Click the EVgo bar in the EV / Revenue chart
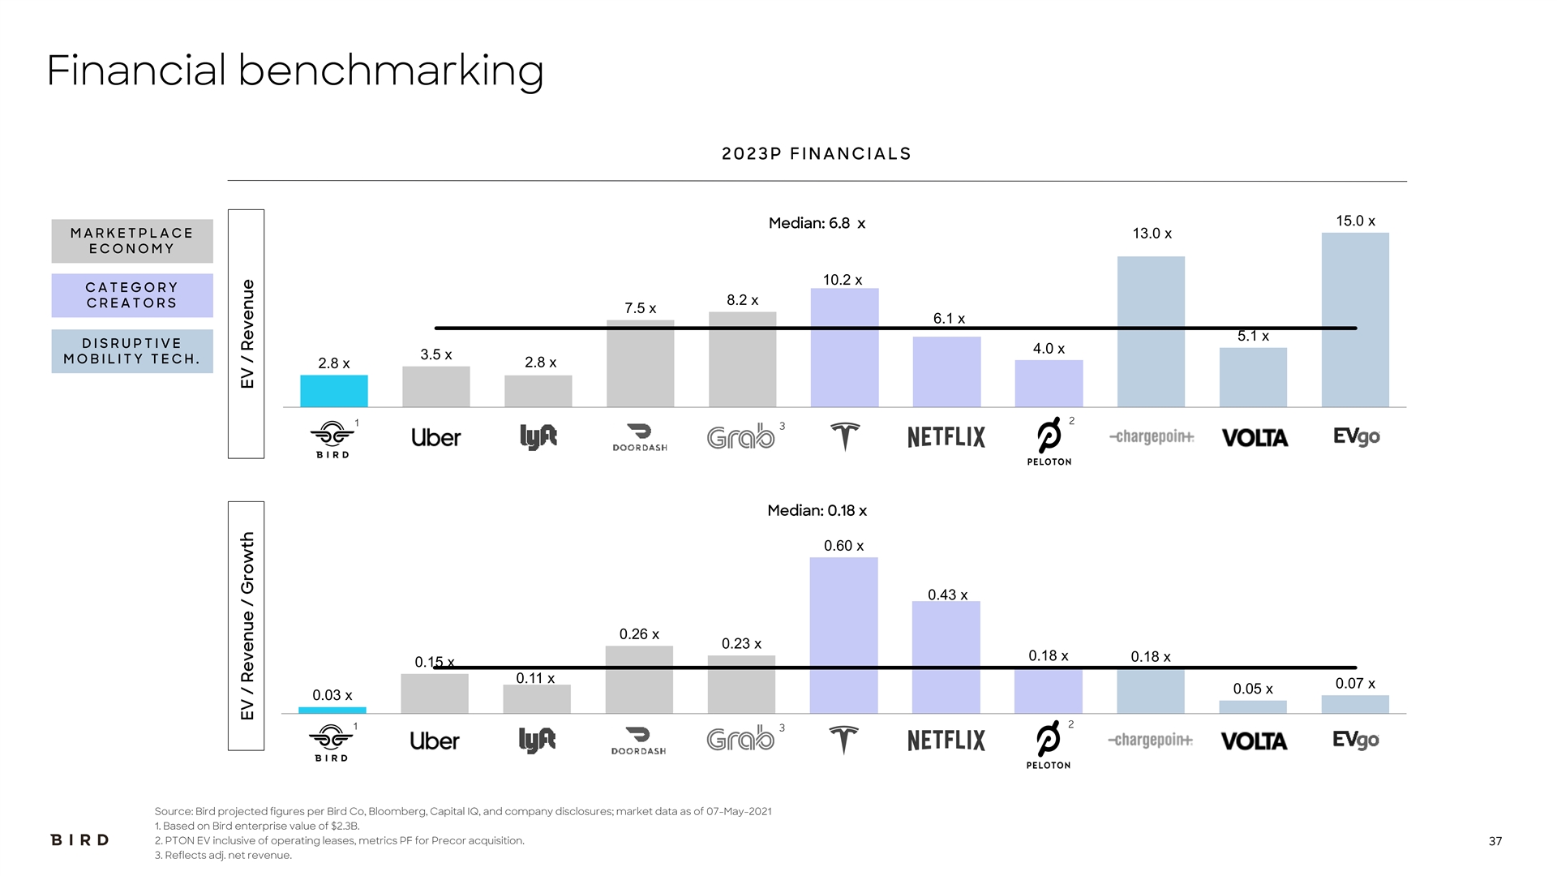point(1354,320)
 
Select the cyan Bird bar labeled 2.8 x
point(333,391)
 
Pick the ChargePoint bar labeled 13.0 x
point(1151,332)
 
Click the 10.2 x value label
point(843,280)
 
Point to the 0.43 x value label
point(947,595)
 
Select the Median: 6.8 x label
point(817,223)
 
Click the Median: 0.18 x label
point(817,510)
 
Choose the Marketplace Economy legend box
point(132,241)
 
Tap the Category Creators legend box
point(132,295)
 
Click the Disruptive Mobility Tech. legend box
point(132,351)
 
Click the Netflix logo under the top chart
point(946,437)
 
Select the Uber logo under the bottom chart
point(435,741)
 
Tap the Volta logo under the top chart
point(1255,438)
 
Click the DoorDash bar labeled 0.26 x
point(639,680)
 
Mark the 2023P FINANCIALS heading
point(817,154)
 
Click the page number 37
point(1495,841)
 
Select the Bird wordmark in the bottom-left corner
point(79,839)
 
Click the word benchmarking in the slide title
point(391,71)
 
